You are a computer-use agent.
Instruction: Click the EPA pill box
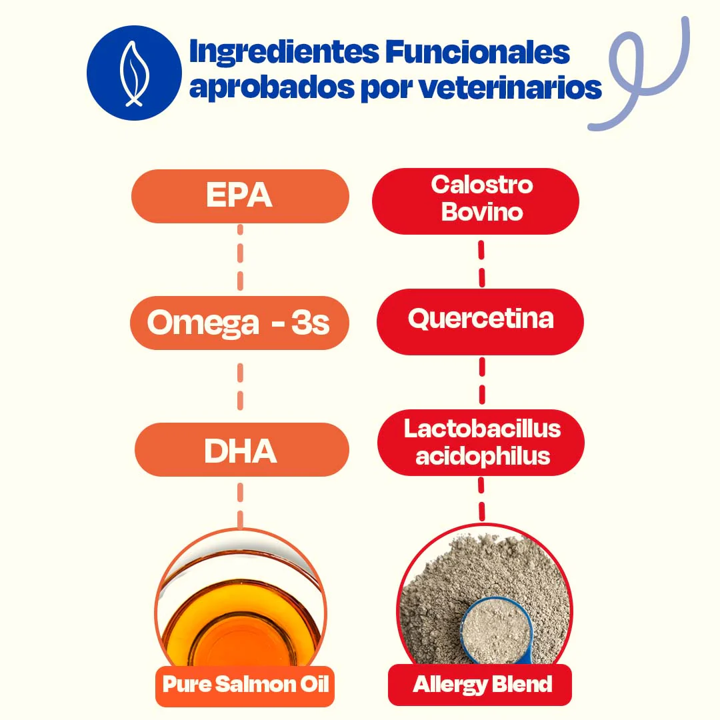[x=239, y=195]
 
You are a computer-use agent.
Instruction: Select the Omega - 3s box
[x=239, y=323]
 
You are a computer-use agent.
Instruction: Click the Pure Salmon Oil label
[x=245, y=685]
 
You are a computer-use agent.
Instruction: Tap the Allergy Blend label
[x=481, y=685]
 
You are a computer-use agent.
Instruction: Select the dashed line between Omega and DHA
[x=240, y=387]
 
